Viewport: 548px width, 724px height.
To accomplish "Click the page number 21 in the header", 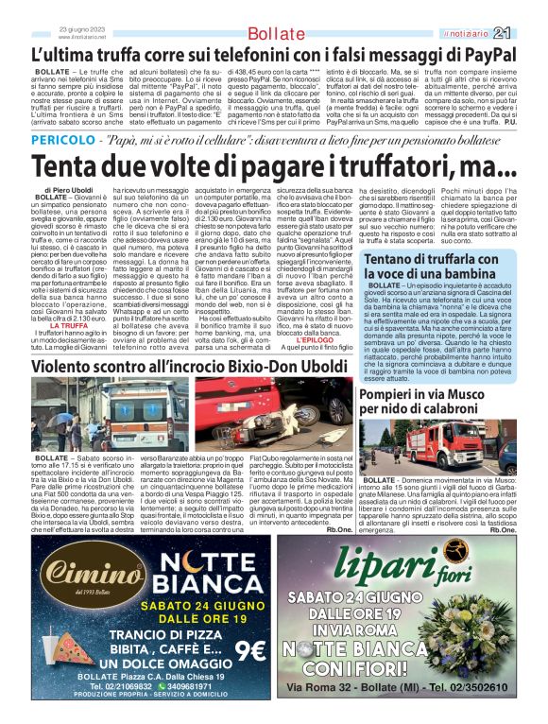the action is (530, 34).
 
